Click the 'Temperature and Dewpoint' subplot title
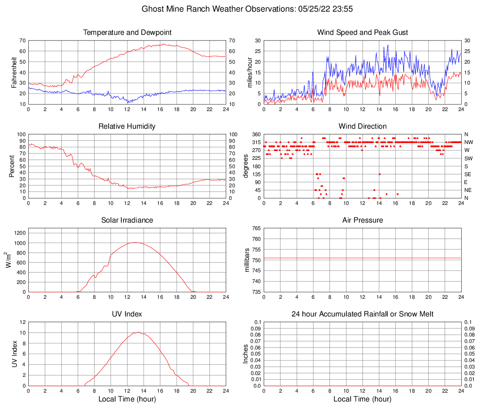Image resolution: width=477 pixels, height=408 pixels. click(x=127, y=33)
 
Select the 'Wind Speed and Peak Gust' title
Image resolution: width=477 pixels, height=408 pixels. click(x=362, y=33)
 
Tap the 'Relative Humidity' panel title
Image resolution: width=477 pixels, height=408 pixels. click(x=127, y=126)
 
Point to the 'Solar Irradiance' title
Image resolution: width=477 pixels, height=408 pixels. click(x=127, y=220)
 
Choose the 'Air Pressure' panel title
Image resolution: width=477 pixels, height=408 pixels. click(x=362, y=220)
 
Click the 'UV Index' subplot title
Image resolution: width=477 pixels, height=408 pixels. click(x=127, y=314)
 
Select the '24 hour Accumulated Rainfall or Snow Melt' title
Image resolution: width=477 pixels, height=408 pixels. click(x=362, y=314)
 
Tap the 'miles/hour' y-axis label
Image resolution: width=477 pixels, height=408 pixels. click(x=249, y=72)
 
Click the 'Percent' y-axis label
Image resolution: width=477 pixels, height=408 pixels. click(x=12, y=166)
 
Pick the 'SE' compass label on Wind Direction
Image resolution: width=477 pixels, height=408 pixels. click(x=468, y=174)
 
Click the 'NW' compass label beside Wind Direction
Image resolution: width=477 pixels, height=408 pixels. click(x=469, y=142)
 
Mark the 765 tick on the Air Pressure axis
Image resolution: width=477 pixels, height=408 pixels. click(x=255, y=229)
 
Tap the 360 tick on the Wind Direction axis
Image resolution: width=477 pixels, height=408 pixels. click(x=255, y=135)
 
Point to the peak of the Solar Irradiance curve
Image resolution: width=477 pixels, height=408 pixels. click(x=135, y=242)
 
